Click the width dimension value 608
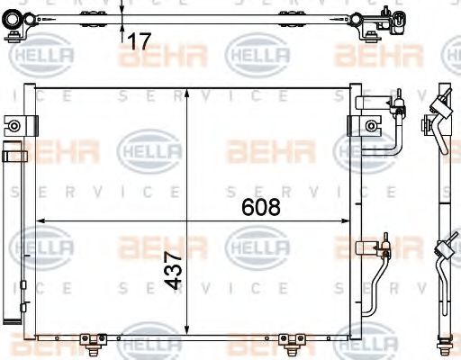(x=262, y=207)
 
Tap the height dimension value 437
(x=176, y=269)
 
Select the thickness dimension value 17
(x=138, y=40)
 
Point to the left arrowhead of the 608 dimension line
(x=39, y=221)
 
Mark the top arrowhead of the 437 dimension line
(x=186, y=92)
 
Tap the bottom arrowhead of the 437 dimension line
(x=186, y=329)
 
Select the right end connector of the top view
(x=378, y=20)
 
